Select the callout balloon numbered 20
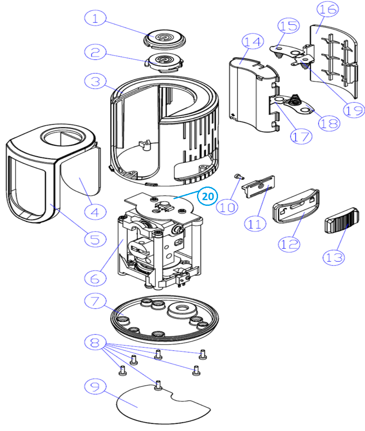[208, 196]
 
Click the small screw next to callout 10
[238, 176]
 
